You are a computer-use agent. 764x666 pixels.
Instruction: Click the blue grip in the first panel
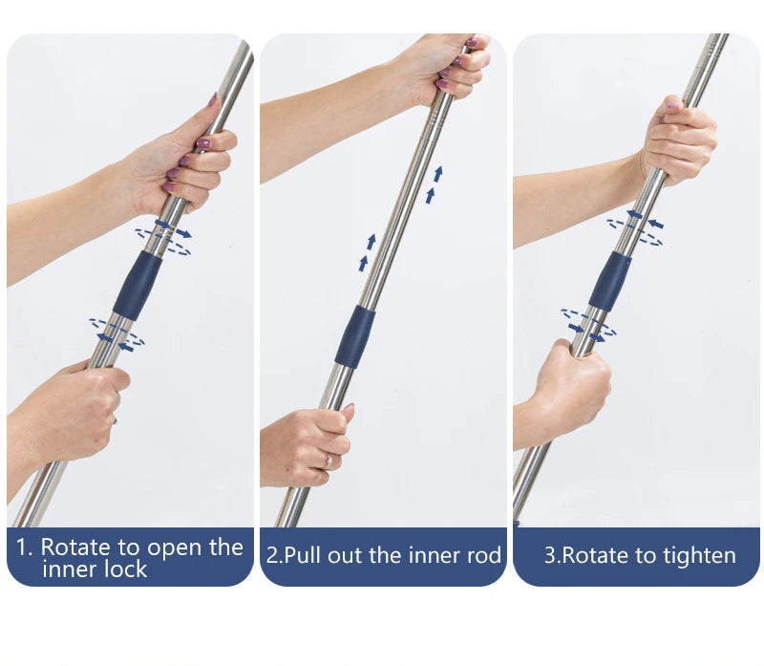138,285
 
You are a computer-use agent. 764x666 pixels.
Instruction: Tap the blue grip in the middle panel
354,336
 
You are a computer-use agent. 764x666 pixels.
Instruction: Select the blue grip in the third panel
609,282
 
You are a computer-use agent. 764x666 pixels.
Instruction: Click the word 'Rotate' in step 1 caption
76,547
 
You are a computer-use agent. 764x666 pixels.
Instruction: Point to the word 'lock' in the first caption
123,569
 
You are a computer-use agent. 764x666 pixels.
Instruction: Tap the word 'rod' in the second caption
484,556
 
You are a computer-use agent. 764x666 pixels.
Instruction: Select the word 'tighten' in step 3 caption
701,556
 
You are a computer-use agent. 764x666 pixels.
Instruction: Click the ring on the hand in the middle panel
329,461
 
